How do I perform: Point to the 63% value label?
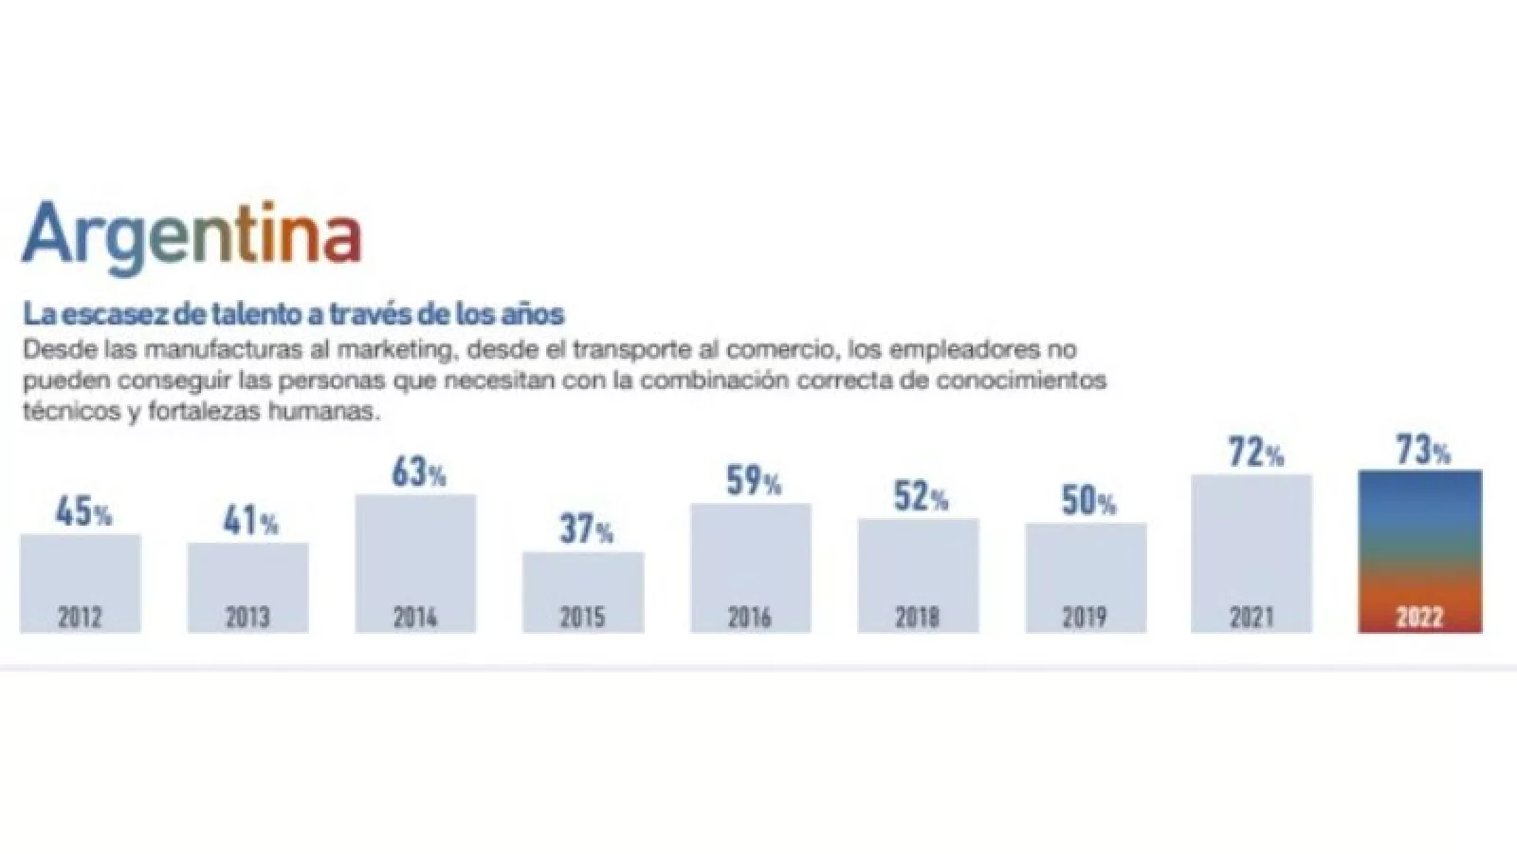tap(418, 473)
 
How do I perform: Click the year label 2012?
tap(81, 618)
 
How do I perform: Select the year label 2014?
tap(415, 618)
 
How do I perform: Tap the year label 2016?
tap(750, 618)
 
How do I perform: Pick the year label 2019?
tap(1085, 618)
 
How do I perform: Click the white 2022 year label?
tap(1419, 618)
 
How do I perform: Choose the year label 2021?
tap(1252, 618)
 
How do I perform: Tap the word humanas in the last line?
tap(323, 413)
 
